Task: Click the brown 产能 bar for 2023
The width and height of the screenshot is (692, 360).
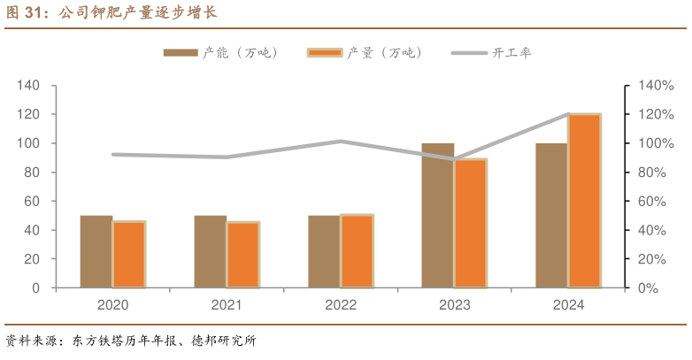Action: coord(437,215)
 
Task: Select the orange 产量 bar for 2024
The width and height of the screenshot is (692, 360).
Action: coord(584,201)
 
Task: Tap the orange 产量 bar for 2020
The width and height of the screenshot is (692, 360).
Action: coord(129,255)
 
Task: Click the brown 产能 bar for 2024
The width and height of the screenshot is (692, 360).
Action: coord(551,215)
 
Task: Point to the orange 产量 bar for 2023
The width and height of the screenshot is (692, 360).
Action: coord(471,223)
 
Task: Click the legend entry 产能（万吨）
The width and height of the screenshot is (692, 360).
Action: coord(221,53)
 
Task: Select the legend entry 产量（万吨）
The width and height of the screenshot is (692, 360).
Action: coord(365,53)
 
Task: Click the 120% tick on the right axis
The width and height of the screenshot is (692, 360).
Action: coord(656,115)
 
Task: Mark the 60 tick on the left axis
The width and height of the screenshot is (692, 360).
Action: coord(32,202)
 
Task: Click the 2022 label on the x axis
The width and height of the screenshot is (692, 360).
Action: coord(341,305)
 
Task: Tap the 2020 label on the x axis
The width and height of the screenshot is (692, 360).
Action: coord(112,305)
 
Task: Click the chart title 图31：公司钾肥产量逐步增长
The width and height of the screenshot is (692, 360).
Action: coord(111,13)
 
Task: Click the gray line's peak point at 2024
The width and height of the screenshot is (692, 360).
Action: coord(568,114)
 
